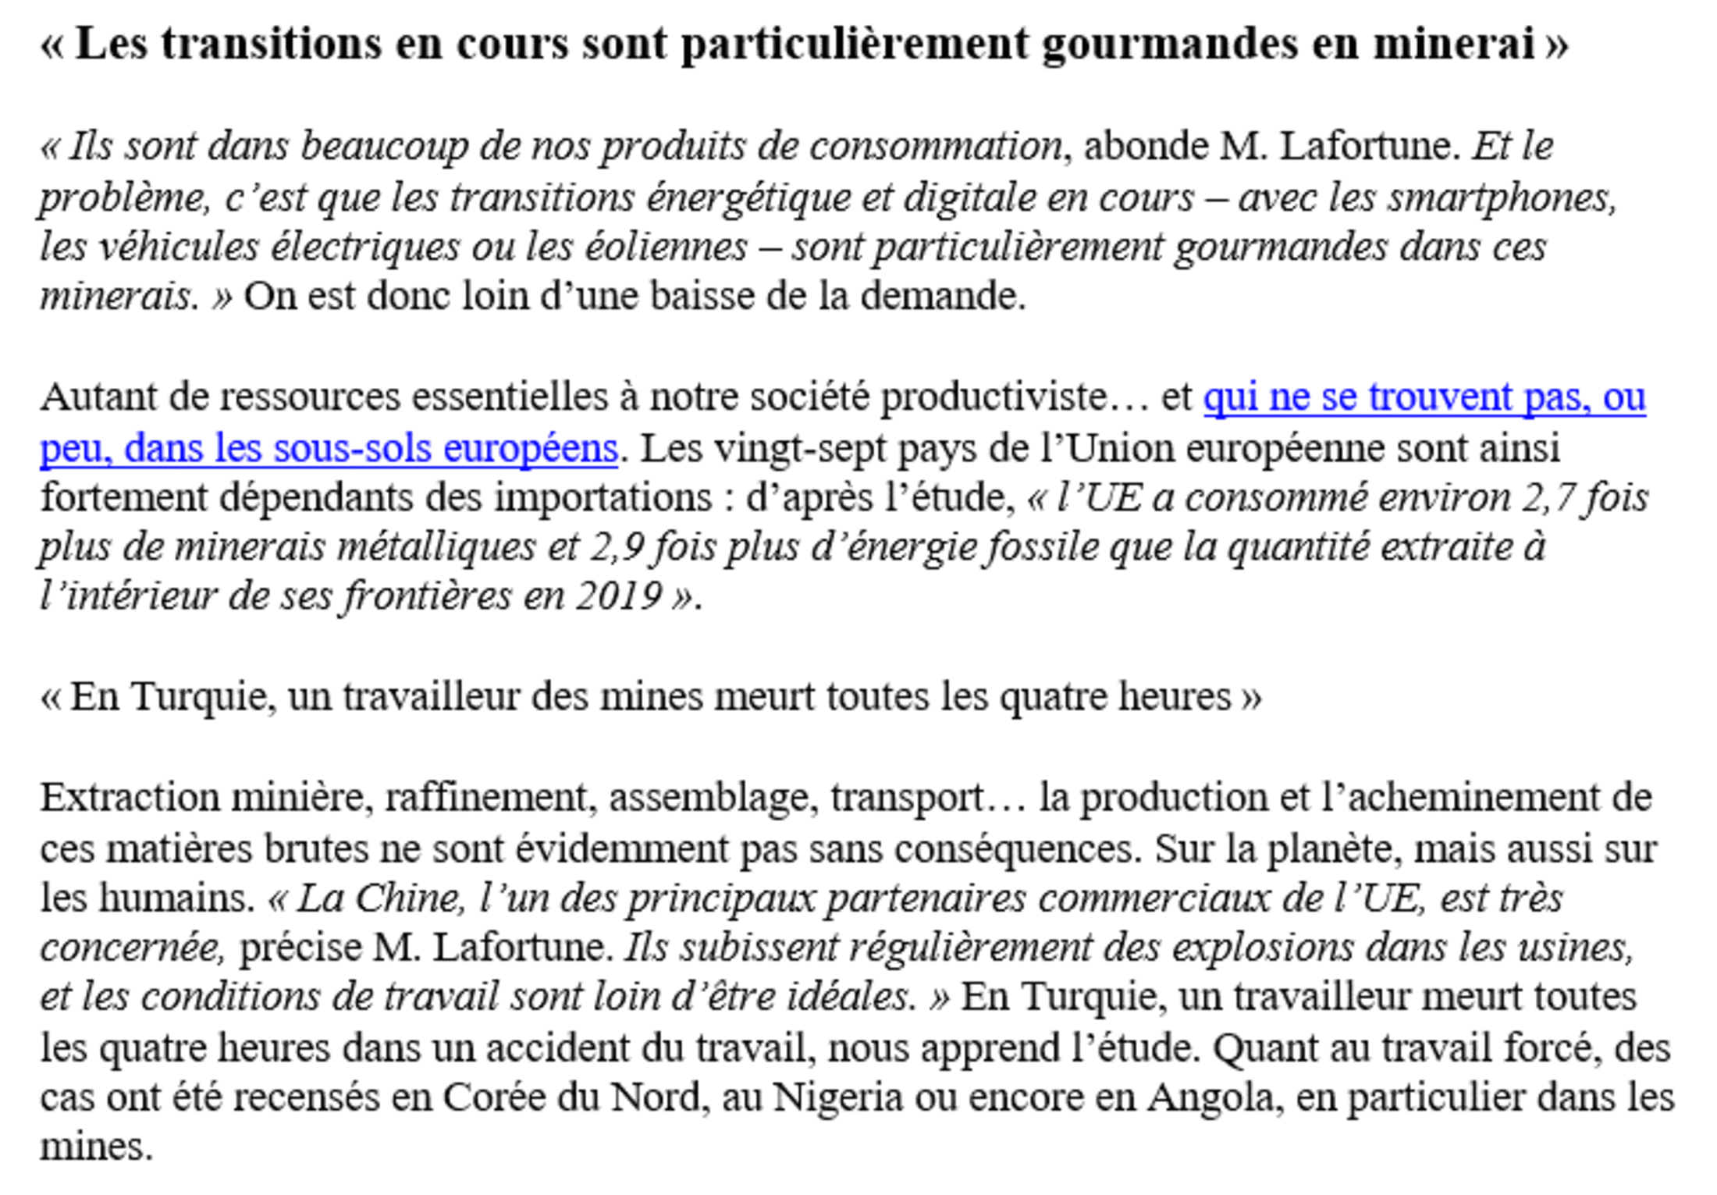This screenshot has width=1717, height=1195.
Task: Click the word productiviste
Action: (x=991, y=397)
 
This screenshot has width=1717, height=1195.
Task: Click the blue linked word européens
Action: (x=530, y=449)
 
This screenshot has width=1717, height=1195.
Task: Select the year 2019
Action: (x=619, y=597)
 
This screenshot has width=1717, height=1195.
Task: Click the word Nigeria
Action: (x=837, y=1097)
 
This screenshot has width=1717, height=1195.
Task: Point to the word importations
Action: (x=603, y=498)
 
